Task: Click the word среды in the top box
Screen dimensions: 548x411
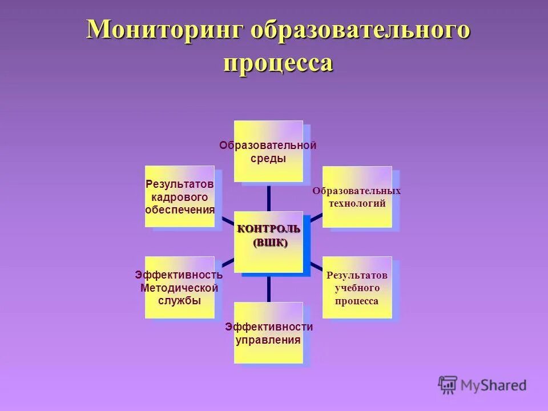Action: [268, 159]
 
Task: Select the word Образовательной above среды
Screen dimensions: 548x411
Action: [268, 146]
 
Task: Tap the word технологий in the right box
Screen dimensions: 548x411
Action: [357, 203]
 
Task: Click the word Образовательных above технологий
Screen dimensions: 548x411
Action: [357, 191]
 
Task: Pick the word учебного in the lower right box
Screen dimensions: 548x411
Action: [357, 288]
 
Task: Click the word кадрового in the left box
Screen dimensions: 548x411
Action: [179, 197]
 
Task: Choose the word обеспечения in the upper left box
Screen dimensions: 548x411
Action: [180, 209]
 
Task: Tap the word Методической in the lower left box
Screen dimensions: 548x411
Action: [179, 288]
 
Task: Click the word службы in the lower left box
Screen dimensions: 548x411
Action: [179, 301]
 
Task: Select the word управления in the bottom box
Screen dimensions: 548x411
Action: [268, 340]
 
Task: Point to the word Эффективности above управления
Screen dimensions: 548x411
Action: [269, 327]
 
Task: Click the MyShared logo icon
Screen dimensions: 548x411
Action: [448, 385]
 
